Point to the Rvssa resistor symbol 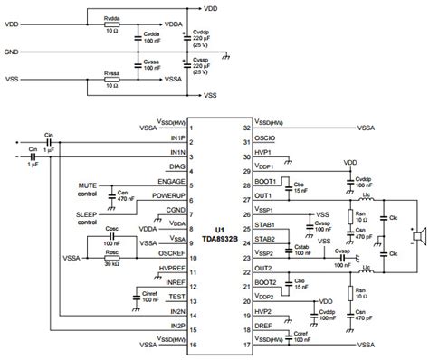pos(113,79)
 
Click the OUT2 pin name pos(264,269)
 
